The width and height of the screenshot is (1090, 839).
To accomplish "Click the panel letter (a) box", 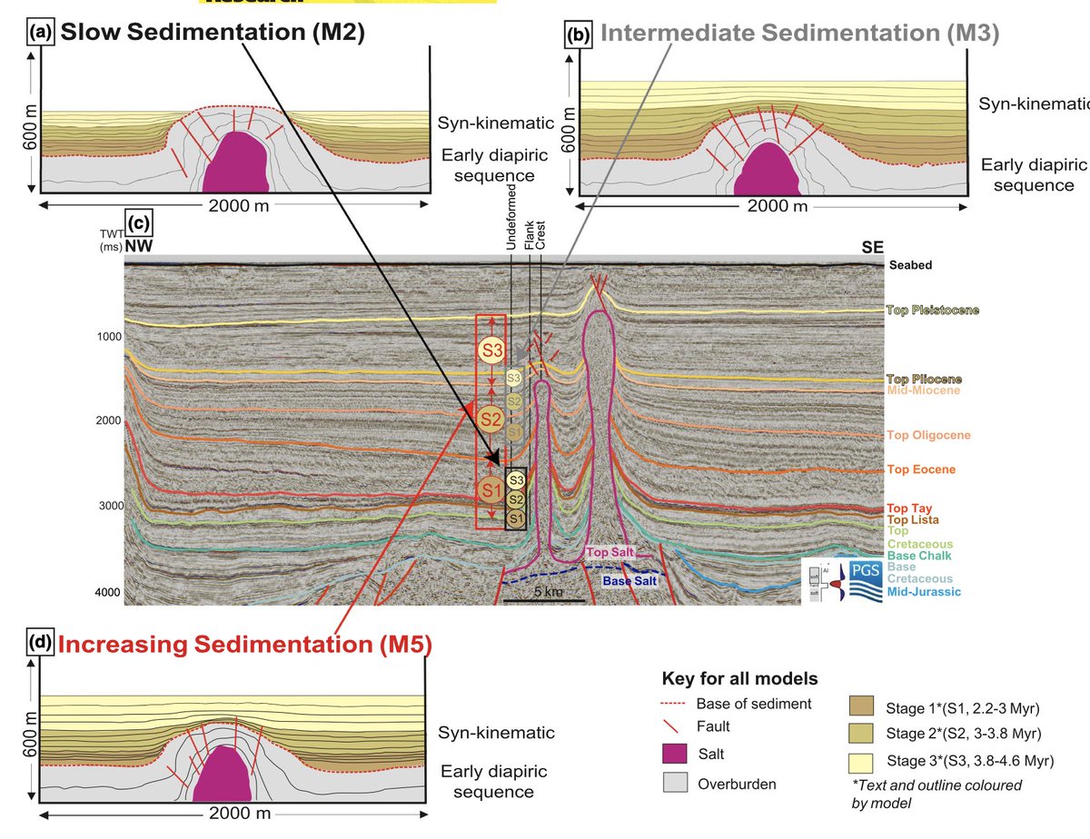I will point(41,34).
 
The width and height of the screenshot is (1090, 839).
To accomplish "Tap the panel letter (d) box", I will point(41,644).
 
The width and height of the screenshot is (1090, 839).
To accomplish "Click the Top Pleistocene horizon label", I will point(932,311).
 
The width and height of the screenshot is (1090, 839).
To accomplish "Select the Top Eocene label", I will point(921,469).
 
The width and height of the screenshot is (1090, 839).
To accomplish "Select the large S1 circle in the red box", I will point(491,491).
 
